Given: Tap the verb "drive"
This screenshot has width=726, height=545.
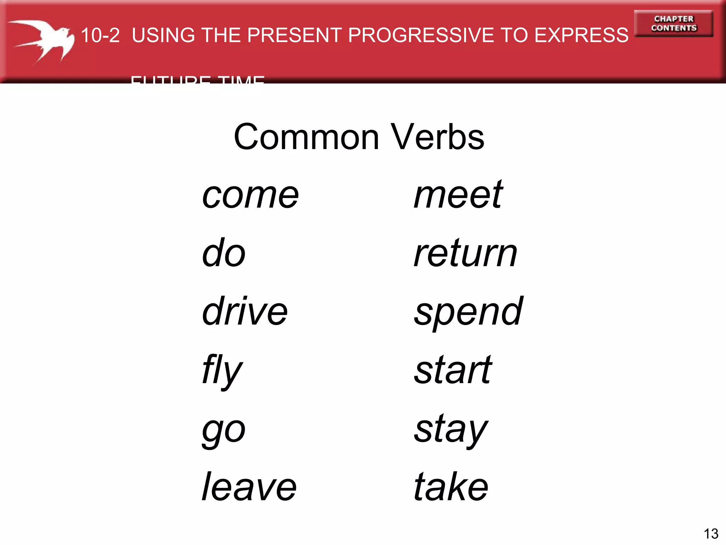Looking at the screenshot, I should pos(245,311).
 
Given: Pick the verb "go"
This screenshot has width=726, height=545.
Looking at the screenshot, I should pos(224,430).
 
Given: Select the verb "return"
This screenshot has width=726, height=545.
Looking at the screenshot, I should pos(465,253).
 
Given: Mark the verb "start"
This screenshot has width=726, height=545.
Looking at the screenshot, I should pos(453,370).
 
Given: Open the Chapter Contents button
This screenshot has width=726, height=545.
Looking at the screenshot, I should pos(674,23).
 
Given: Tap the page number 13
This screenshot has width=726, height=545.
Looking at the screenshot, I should pos(711,534).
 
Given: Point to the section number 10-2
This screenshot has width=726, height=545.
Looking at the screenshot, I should pos(100,35).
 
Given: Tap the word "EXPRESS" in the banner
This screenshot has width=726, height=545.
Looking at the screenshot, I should pos(581,35).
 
